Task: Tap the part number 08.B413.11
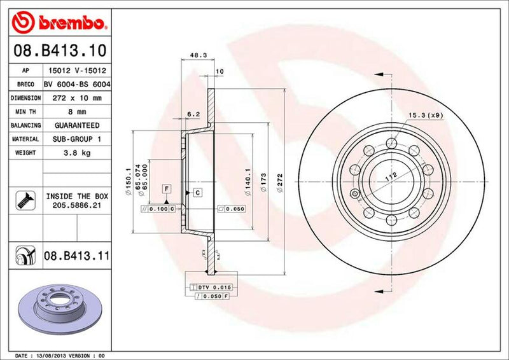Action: coord(76,256)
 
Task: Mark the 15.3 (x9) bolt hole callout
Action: coord(425,115)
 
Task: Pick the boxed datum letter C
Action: coord(197,192)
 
